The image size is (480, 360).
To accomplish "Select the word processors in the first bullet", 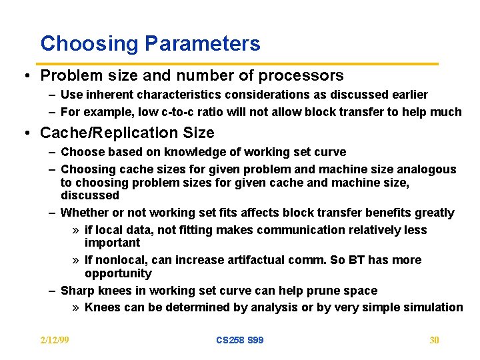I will [300, 76].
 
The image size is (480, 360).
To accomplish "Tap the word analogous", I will [424, 169].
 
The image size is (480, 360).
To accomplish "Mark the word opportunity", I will [118, 273].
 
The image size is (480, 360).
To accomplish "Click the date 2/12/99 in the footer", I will [55, 340].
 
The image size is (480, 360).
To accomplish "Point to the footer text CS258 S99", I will [240, 340].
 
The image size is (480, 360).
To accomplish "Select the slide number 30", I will [434, 340].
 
